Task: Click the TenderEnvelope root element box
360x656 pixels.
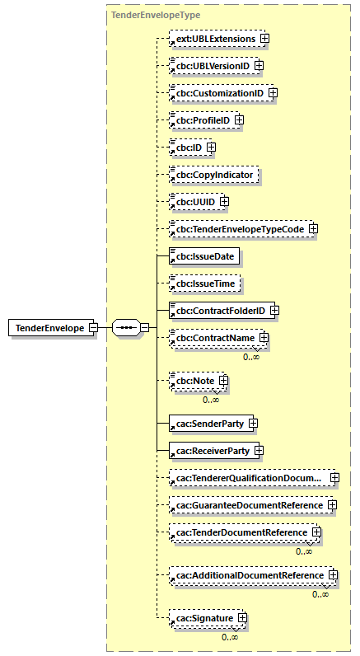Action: (48, 327)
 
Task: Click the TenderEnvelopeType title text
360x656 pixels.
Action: (143, 14)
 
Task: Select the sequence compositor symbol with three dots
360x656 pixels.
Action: (125, 327)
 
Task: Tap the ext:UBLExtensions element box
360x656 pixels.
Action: (213, 39)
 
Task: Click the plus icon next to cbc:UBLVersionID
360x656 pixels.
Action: (259, 65)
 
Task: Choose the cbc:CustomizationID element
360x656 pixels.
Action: (218, 93)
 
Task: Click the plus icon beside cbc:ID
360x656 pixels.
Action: (211, 148)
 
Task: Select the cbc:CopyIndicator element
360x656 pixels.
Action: (213, 175)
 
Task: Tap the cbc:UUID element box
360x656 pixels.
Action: (193, 202)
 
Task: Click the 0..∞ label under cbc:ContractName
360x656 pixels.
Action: (251, 357)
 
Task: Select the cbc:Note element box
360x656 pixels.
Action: (193, 382)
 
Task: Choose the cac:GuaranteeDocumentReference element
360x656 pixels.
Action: (247, 504)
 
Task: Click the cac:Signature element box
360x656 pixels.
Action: (203, 617)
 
